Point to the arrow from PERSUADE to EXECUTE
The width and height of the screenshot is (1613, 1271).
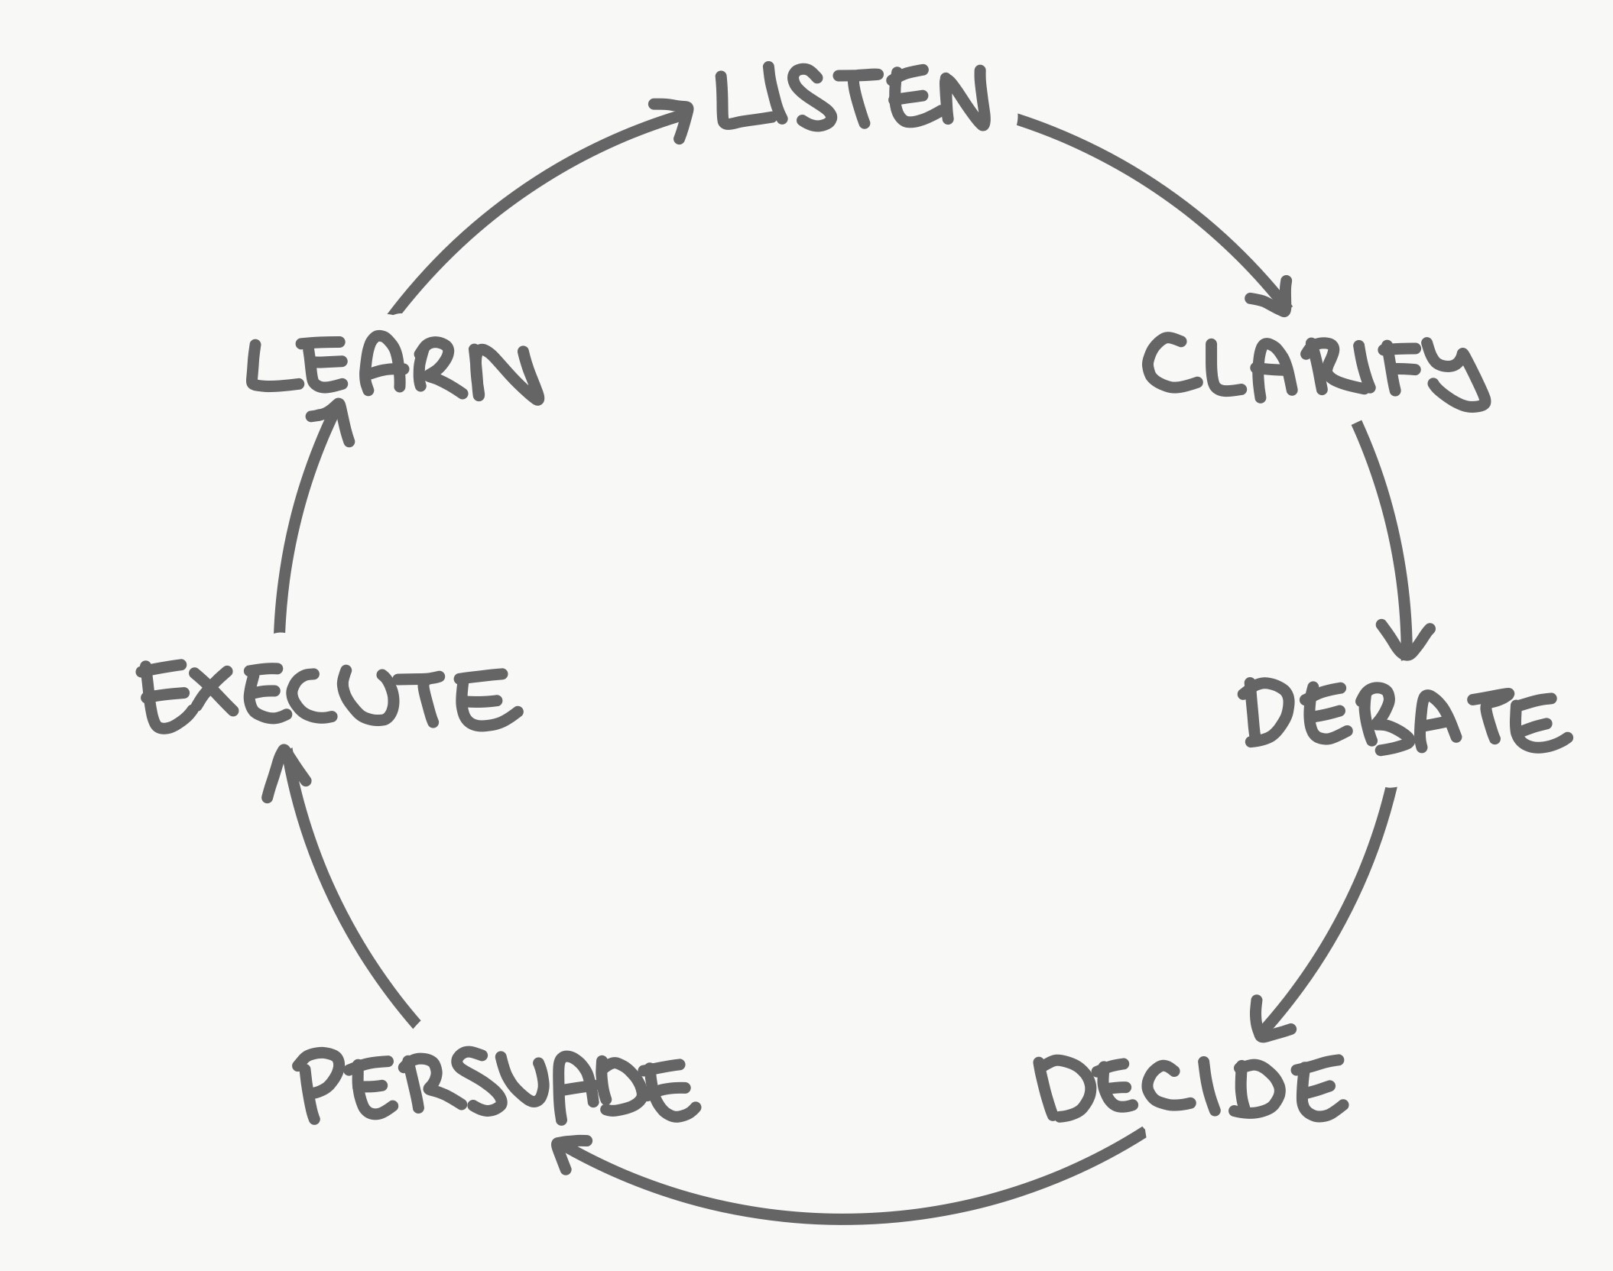336,902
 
